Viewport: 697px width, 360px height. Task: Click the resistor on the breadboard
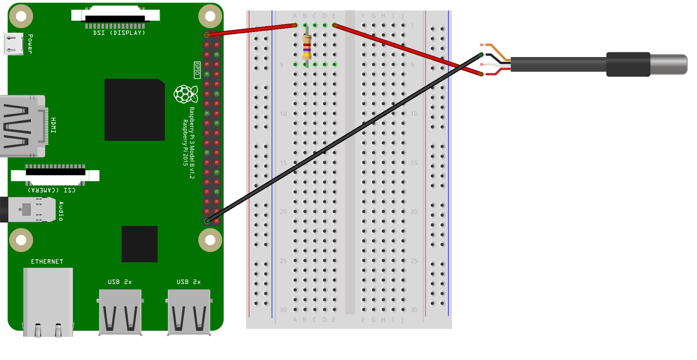(x=307, y=46)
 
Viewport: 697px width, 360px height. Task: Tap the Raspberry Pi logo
(x=186, y=94)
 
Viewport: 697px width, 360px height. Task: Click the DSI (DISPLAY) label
(x=118, y=33)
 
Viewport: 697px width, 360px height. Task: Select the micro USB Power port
(x=14, y=44)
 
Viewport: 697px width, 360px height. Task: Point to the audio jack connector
(x=29, y=210)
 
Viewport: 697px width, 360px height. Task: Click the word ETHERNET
(x=47, y=262)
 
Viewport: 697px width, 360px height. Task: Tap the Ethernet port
(x=48, y=301)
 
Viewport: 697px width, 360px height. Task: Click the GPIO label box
(x=197, y=70)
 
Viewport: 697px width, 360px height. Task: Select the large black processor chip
(x=134, y=110)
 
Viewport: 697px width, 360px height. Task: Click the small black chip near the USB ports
(x=139, y=244)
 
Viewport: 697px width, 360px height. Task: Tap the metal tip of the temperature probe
(x=669, y=65)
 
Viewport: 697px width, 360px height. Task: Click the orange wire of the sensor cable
(x=497, y=51)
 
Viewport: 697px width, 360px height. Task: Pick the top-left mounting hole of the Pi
(x=21, y=17)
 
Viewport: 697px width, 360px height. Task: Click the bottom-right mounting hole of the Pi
(x=210, y=240)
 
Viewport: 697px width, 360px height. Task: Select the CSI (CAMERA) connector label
(x=51, y=190)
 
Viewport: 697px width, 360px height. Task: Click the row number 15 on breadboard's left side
(x=283, y=163)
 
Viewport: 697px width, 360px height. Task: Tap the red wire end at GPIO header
(x=207, y=34)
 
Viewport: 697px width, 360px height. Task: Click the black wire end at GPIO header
(x=207, y=221)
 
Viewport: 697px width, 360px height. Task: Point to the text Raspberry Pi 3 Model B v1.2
(x=192, y=143)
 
